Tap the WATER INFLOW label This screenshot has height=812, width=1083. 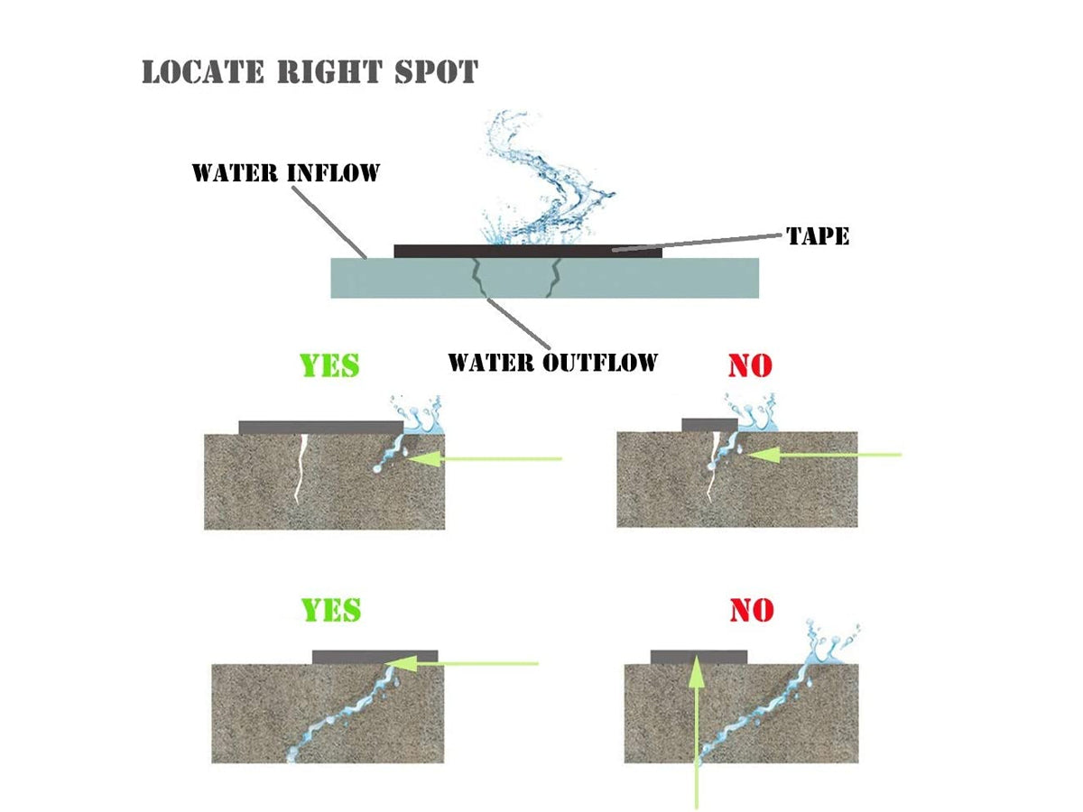click(x=285, y=172)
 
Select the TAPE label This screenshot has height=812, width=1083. click(x=818, y=236)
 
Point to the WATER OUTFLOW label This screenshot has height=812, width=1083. click(x=552, y=363)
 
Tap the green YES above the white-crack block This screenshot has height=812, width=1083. click(x=329, y=365)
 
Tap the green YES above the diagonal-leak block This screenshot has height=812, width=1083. click(x=331, y=610)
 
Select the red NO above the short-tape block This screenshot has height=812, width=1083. click(x=750, y=365)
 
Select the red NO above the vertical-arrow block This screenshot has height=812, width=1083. click(x=752, y=610)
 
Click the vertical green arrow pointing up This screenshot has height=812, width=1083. click(x=696, y=731)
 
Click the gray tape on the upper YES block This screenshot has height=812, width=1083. click(x=320, y=427)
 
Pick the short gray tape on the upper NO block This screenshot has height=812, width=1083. click(x=709, y=424)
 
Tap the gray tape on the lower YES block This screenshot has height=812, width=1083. click(x=375, y=656)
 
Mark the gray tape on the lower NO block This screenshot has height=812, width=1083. click(x=698, y=656)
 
